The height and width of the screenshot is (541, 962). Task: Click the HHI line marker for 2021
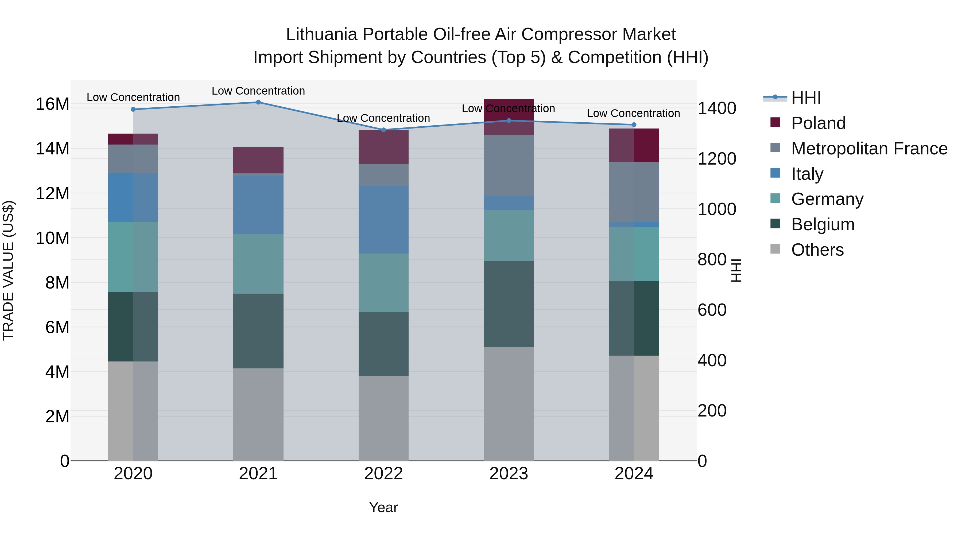pos(258,102)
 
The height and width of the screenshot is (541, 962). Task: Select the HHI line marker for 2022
pos(383,130)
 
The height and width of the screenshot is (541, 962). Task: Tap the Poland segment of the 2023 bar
pos(509,116)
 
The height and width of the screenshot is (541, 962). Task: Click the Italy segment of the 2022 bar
pos(383,220)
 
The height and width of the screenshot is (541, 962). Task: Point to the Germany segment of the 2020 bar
pos(133,257)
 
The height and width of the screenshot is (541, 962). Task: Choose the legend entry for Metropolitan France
pos(869,149)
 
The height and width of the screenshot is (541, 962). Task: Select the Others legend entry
pos(817,250)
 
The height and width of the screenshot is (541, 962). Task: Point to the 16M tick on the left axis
pos(52,104)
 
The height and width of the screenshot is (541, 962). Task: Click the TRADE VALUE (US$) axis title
pos(8,271)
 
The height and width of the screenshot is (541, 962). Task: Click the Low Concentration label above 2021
pos(258,91)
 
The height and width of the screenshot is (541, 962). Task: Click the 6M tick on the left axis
pos(57,328)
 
